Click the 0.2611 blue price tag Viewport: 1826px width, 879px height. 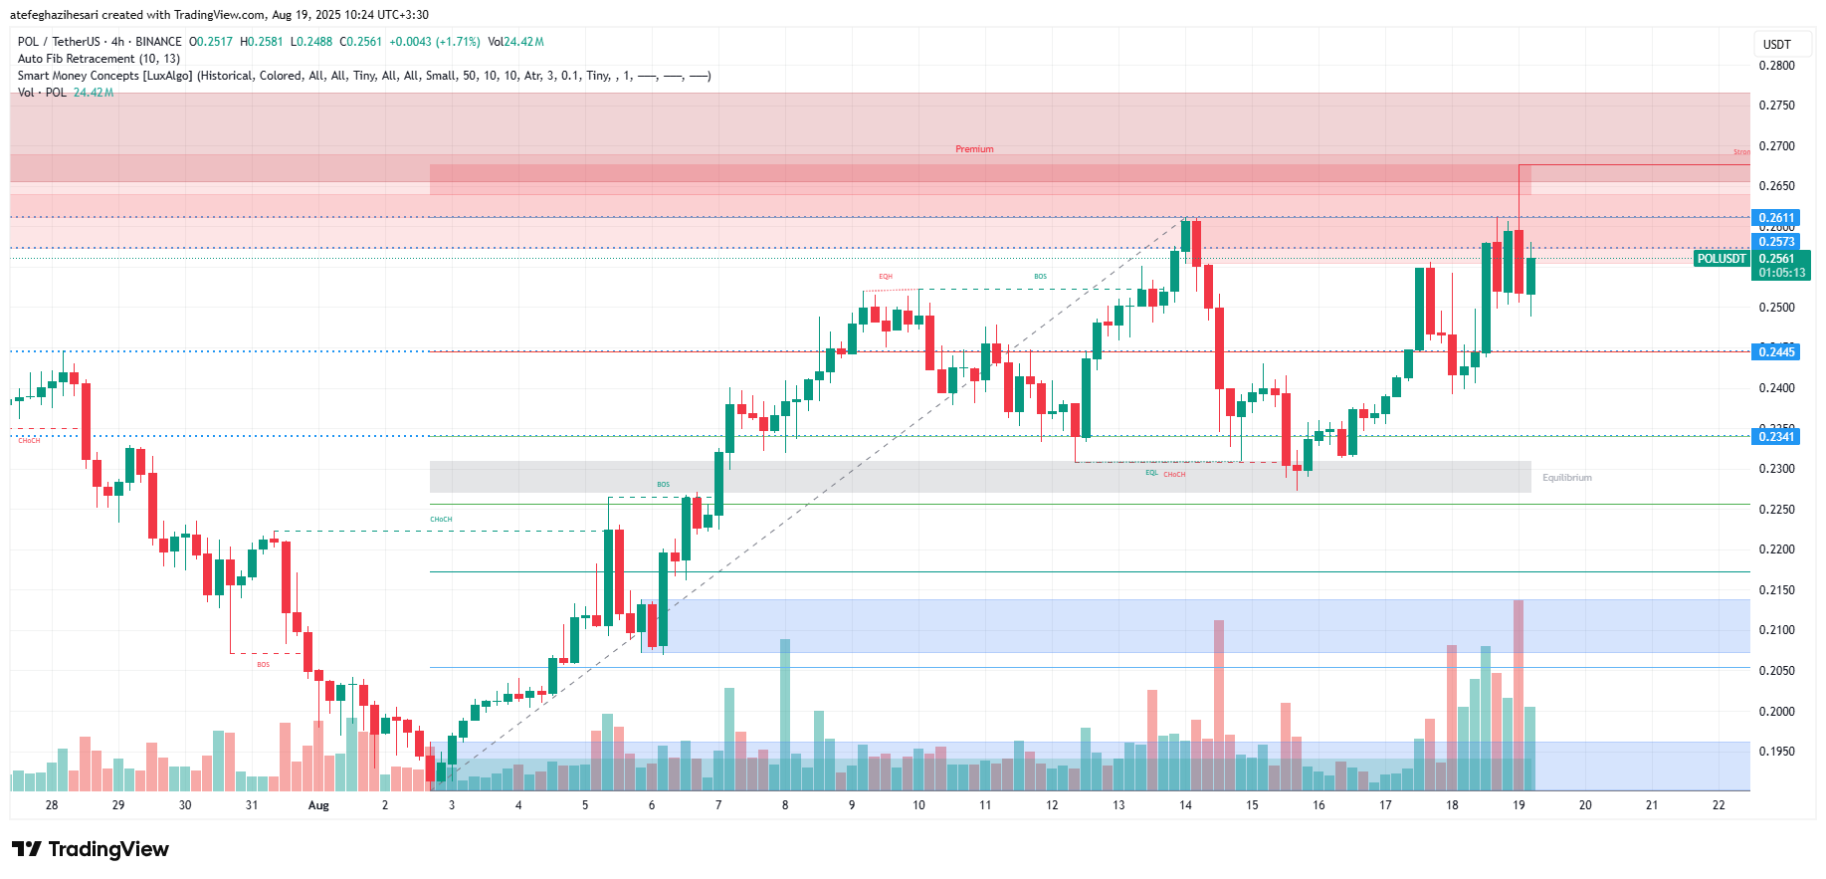(1776, 218)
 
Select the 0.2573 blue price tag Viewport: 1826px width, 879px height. (1776, 242)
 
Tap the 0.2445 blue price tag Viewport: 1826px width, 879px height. (1776, 352)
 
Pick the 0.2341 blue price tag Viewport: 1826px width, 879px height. (1776, 437)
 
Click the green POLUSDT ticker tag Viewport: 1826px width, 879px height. (1722, 259)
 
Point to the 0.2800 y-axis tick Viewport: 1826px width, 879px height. (1776, 66)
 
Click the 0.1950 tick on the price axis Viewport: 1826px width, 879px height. (1776, 752)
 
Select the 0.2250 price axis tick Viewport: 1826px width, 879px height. (1776, 510)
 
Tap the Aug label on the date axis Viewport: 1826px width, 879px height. (318, 805)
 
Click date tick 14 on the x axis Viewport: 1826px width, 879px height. (1185, 805)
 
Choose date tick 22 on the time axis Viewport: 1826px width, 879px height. (1719, 805)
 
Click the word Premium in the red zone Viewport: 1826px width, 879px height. (974, 149)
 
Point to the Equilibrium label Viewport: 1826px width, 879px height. (1566, 478)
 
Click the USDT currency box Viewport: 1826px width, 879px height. (1777, 45)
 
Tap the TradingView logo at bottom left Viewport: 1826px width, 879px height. (91, 849)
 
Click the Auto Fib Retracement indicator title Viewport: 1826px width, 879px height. (99, 59)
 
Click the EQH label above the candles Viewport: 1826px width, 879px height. (886, 277)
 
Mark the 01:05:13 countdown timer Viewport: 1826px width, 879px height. (1781, 273)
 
